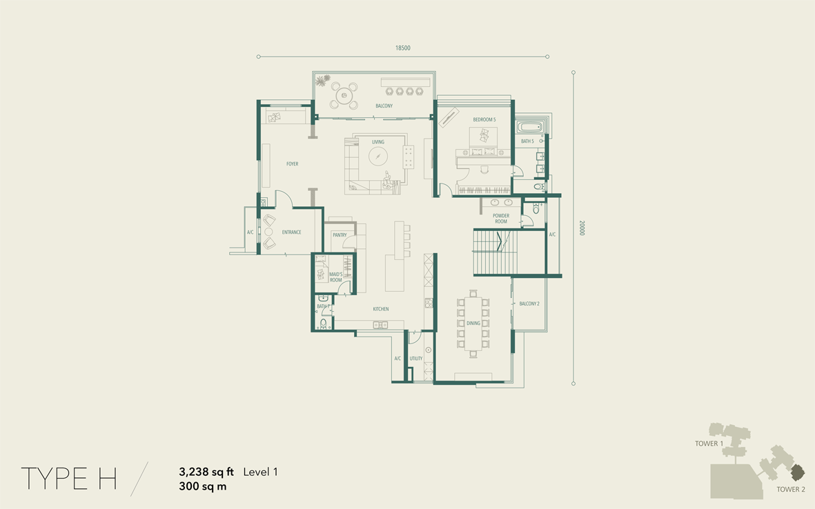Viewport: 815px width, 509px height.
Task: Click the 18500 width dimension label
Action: pos(403,48)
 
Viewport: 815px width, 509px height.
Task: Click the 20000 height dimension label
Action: pos(582,228)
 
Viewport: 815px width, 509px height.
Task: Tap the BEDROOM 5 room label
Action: pos(484,119)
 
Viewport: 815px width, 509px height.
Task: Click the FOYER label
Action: pos(292,163)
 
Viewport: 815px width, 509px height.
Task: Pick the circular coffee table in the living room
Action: pos(378,155)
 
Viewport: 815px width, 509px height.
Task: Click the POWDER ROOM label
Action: pos(501,218)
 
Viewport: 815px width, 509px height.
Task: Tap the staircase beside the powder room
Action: pos(495,252)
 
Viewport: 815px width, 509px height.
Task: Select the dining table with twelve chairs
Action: pos(473,323)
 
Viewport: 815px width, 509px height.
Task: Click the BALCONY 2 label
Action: pos(529,304)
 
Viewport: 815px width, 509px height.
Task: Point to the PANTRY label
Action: pos(340,235)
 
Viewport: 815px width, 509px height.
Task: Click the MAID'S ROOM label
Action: pos(336,277)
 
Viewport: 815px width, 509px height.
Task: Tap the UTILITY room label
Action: pos(416,359)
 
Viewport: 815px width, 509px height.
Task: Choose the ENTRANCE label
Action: pos(292,232)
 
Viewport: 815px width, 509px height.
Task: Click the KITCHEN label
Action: pos(380,309)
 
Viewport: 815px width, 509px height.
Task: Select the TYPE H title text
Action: pos(68,479)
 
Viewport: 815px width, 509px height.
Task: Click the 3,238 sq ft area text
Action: pos(206,472)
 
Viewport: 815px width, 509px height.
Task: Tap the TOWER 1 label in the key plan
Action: pos(709,443)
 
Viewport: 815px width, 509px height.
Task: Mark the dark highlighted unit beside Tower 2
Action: pos(798,472)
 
